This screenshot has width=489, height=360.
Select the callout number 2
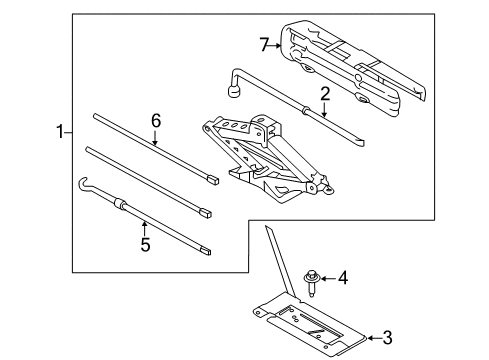tap(324, 94)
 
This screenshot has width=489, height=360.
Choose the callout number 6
tap(155, 120)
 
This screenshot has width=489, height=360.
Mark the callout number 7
tap(265, 44)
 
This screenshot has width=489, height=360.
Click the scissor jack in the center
tap(263, 155)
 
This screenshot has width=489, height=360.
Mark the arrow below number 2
tap(324, 113)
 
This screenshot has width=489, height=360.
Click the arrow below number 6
tap(155, 138)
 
